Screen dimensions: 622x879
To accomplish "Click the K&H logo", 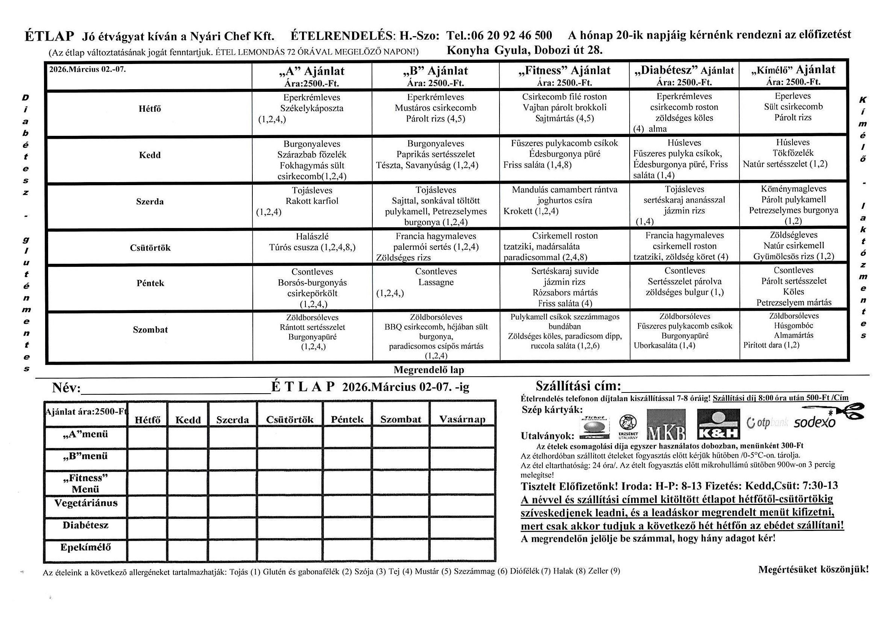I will point(719,424).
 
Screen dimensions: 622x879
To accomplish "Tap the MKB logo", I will point(666,424).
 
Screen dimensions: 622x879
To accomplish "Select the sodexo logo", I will point(815,422).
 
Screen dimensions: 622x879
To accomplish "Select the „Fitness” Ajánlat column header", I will point(564,71).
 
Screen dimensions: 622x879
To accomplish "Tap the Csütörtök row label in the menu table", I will point(150,248).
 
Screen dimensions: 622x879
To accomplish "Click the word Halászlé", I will point(312,236).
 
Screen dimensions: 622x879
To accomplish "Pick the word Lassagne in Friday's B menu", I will point(436,282).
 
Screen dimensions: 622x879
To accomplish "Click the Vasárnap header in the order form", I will point(462,420).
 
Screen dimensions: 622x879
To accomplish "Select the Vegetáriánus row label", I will point(86,503).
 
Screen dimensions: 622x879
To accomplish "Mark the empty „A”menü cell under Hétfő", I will point(147,438).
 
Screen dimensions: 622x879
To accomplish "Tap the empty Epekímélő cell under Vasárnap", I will point(462,551).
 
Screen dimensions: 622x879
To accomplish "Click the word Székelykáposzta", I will point(312,108).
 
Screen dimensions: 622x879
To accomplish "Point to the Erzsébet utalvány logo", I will point(628,426).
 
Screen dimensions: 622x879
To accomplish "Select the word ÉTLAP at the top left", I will point(49,36).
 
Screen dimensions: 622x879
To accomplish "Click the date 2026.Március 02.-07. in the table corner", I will point(88,69).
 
